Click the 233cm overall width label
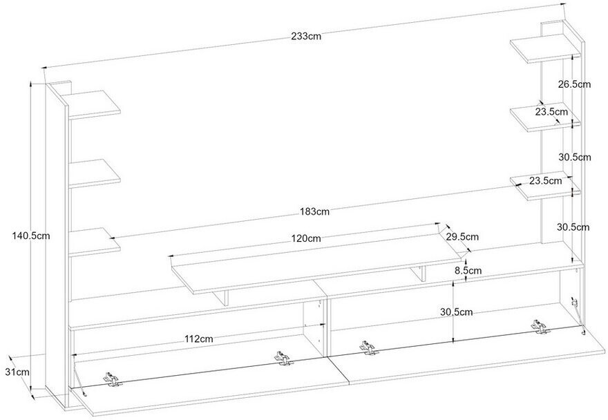coord(306,37)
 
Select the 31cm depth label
coord(17,372)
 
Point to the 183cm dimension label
coord(314,212)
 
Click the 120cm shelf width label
coord(306,238)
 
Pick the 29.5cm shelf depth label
coord(462,236)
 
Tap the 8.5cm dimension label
coord(468,270)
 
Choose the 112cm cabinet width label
coord(198,339)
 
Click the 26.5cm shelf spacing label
coord(574,84)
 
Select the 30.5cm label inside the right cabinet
coord(457,312)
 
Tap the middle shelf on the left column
coord(94,173)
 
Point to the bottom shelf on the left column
coord(94,241)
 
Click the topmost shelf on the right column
coord(545,48)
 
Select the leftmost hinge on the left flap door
coord(112,379)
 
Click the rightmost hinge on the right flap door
coord(540,327)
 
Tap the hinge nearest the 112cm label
coord(284,358)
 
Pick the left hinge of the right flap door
coord(369,347)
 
